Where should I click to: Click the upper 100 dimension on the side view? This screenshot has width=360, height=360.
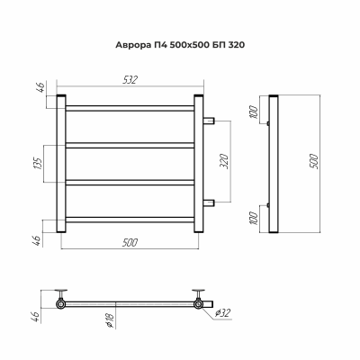255,112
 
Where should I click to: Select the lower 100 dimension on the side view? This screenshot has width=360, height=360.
255,217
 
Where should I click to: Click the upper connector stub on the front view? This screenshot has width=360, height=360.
209,121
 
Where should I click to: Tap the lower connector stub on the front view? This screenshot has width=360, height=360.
209,202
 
